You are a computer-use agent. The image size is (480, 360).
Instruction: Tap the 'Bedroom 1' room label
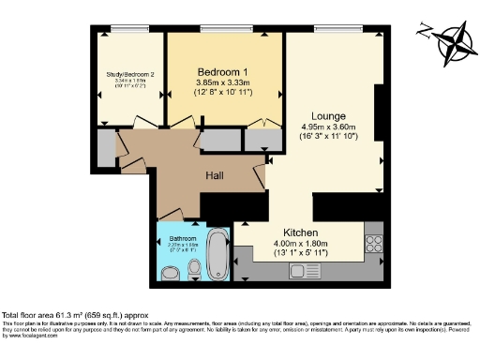click(222, 71)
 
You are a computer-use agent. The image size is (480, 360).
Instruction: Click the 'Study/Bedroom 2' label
click(130, 73)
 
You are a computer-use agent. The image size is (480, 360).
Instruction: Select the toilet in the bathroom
click(194, 270)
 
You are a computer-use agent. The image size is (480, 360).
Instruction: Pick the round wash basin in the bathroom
click(171, 274)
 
